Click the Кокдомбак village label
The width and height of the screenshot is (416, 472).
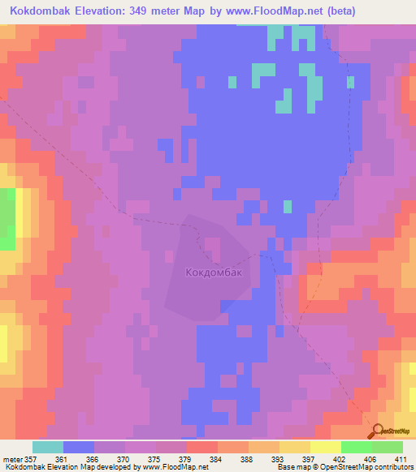pos(214,273)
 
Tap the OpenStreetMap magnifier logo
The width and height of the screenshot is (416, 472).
pos(378,431)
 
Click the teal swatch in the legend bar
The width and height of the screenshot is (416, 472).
pos(48,447)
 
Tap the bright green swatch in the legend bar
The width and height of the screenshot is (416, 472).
pos(356,447)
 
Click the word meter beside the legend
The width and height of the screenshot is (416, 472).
pos(12,460)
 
